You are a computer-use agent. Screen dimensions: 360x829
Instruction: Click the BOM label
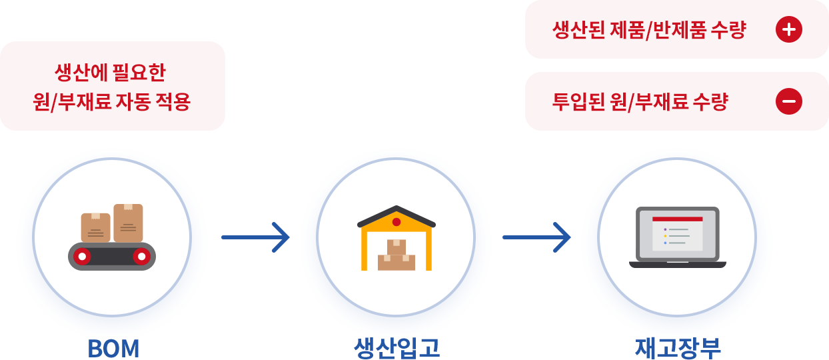[113, 349]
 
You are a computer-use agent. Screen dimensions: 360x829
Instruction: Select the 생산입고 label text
[397, 349]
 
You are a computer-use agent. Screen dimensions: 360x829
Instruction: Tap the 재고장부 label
[678, 349]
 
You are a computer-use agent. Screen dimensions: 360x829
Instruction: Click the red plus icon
[789, 29]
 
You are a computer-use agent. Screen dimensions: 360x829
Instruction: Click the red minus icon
[789, 101]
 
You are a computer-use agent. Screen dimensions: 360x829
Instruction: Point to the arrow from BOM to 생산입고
[255, 237]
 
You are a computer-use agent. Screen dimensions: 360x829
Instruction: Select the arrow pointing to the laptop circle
[536, 237]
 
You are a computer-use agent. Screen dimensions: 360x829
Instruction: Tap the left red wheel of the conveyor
[82, 256]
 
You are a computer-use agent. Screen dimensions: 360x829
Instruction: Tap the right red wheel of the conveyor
[141, 256]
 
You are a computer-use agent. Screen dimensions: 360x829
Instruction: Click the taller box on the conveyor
[128, 223]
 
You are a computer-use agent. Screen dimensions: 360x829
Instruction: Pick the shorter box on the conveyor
[95, 227]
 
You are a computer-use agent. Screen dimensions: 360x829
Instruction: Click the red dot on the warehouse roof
[397, 221]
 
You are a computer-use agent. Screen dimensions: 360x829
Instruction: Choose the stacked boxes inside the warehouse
[397, 257]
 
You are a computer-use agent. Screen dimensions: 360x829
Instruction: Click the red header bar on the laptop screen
[677, 219]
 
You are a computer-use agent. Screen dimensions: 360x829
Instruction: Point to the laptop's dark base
[677, 265]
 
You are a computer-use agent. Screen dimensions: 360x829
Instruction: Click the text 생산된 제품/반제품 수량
[649, 30]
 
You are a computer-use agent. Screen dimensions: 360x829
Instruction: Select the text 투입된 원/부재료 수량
[640, 102]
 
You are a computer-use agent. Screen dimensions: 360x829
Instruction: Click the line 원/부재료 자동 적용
[112, 102]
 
